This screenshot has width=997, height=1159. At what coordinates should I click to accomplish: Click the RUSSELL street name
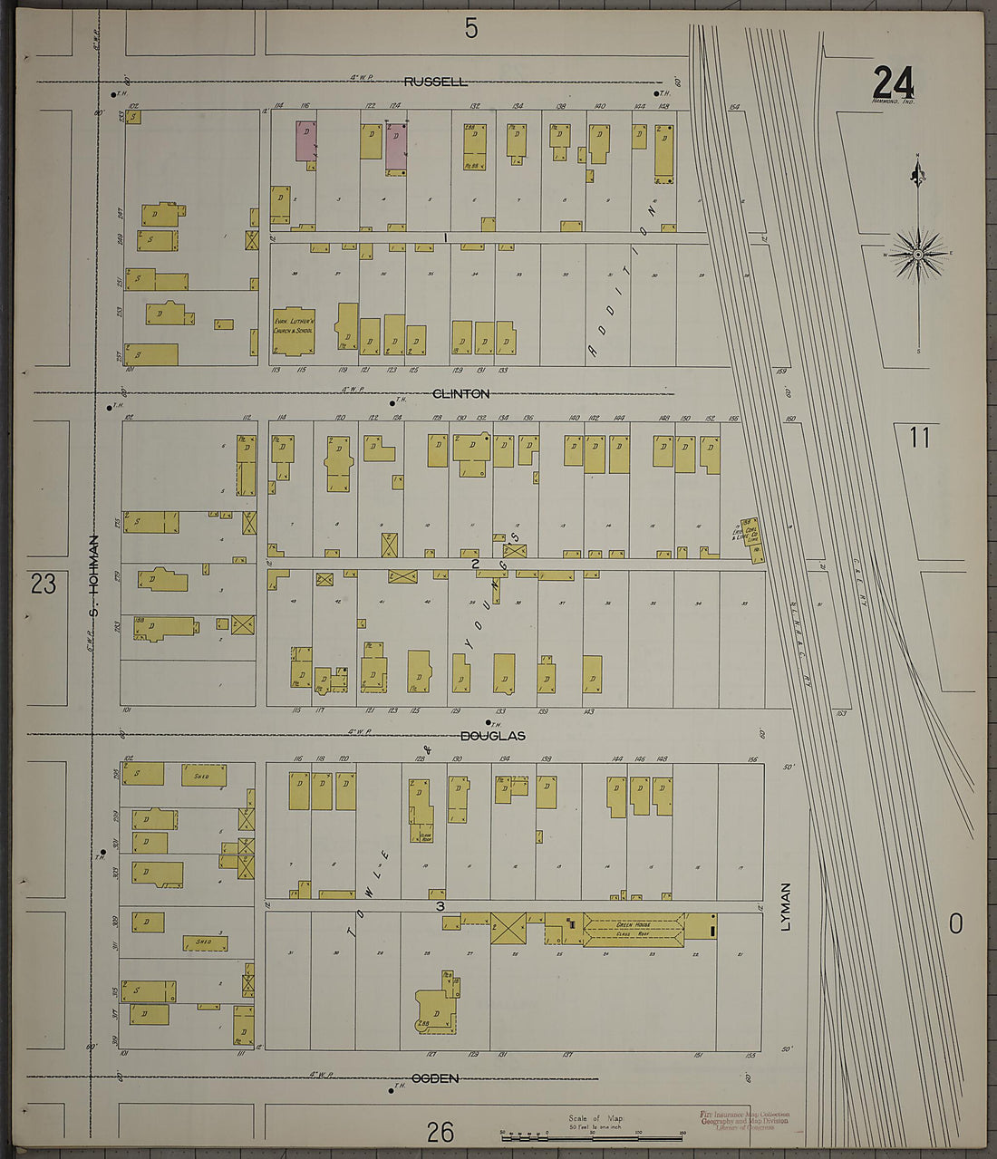[436, 82]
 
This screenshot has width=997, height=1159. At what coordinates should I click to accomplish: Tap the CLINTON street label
[460, 393]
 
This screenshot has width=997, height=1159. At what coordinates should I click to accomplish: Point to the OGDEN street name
[435, 1078]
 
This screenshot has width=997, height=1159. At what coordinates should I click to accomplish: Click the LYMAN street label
[786, 906]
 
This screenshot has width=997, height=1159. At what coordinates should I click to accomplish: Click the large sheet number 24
[893, 83]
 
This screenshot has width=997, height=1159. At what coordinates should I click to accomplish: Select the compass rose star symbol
[917, 255]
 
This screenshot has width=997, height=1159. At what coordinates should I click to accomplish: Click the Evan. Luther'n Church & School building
[294, 331]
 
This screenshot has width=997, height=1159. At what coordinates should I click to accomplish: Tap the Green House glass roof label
[634, 929]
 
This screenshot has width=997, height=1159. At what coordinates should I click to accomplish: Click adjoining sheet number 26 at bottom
[440, 1132]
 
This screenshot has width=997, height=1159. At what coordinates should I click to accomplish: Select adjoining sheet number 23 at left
[44, 584]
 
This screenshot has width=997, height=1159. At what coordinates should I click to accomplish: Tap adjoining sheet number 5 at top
[470, 29]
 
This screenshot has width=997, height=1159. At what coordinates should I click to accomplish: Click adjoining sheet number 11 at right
[919, 438]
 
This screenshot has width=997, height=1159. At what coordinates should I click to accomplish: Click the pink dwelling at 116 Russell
[306, 142]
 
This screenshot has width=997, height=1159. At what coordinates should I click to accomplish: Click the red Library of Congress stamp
[744, 1120]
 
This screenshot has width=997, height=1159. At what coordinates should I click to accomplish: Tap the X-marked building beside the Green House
[508, 929]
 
